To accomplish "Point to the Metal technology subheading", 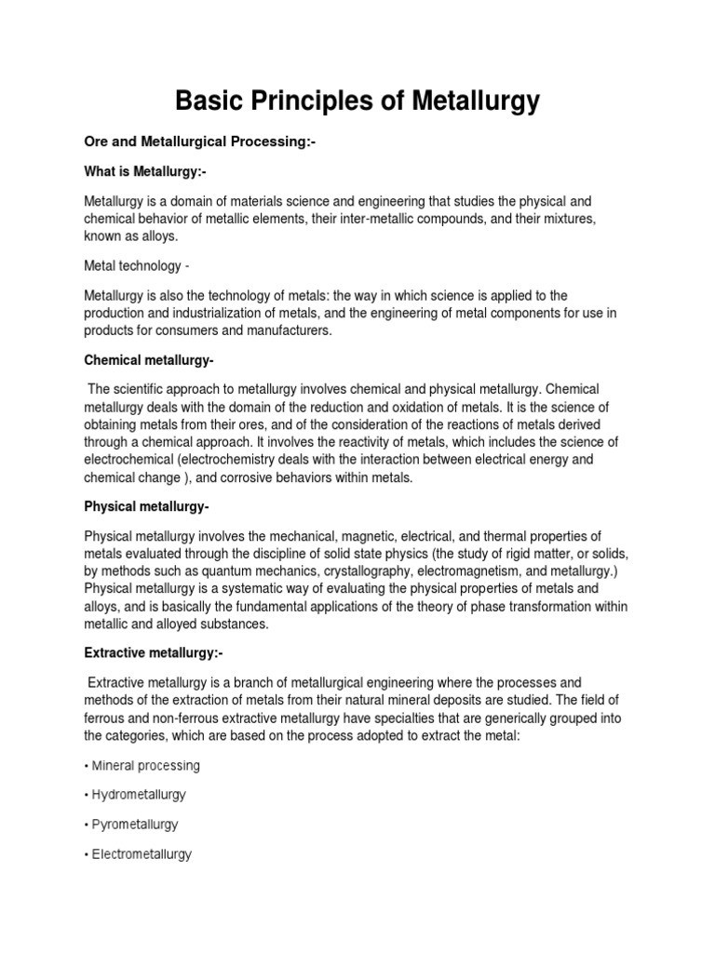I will [x=136, y=266].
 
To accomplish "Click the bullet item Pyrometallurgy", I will [x=135, y=825].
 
